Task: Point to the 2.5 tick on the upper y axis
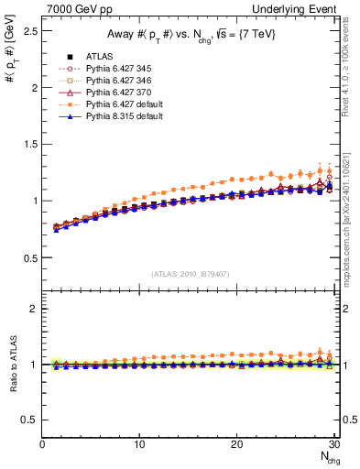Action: (29, 31)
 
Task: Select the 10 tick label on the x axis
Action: (139, 445)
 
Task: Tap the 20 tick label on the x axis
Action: (236, 445)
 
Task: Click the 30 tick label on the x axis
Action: (333, 445)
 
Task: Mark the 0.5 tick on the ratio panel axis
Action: (29, 420)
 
